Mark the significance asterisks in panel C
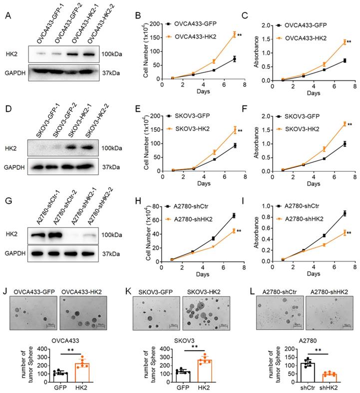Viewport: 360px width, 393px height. point(349,42)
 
